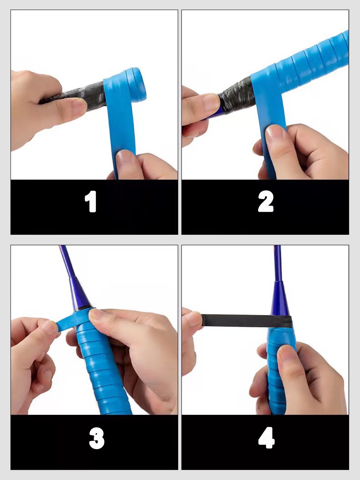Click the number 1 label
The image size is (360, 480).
point(91,201)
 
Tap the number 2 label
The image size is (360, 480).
point(266,201)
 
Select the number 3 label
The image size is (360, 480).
point(97,438)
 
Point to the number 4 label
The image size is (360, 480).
point(266,438)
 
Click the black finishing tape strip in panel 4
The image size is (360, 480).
point(247,321)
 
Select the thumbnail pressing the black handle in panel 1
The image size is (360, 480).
point(78,106)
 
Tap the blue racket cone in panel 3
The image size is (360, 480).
point(80,294)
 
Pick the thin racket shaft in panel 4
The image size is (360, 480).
point(277,263)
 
